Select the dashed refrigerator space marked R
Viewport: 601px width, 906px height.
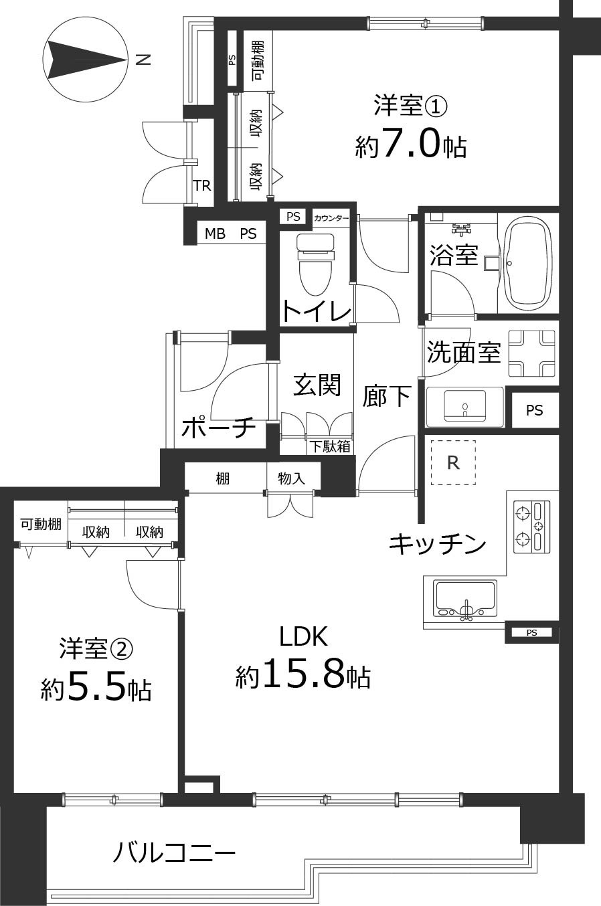453,462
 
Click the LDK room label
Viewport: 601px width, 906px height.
303,637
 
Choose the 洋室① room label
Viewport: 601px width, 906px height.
410,106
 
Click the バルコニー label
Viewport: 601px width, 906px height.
173,853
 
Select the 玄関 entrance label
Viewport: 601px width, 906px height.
317,385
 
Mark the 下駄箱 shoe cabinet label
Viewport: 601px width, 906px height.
329,446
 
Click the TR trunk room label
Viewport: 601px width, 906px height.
202,186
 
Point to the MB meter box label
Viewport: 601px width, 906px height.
215,234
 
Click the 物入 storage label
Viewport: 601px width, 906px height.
291,478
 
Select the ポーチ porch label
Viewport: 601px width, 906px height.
218,426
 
